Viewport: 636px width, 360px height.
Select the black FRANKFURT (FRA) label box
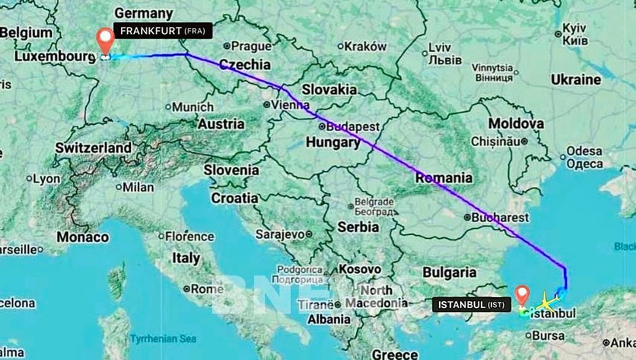pos(163,30)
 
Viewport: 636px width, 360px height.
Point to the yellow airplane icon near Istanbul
pos(548,299)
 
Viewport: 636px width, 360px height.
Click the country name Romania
pos(443,178)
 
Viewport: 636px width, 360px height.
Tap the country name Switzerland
pos(93,147)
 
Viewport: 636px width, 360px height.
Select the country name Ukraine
pos(576,79)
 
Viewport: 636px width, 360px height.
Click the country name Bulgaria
pos(449,272)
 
